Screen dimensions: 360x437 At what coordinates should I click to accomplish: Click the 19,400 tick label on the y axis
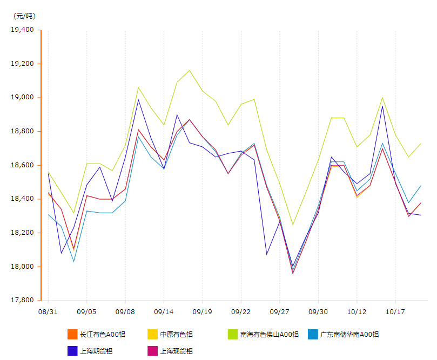(x=22, y=30)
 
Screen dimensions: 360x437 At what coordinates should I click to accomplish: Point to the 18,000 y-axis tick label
(x=22, y=267)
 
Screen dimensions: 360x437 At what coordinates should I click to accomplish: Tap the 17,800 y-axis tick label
(x=22, y=301)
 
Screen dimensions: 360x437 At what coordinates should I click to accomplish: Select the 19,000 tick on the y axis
(x=22, y=98)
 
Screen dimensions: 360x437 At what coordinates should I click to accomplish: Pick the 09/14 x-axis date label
(x=164, y=312)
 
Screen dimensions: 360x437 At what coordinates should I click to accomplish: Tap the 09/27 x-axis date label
(x=279, y=312)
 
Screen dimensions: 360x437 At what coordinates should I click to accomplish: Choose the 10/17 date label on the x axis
(x=395, y=312)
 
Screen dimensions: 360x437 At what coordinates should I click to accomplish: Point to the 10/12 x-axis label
(x=357, y=312)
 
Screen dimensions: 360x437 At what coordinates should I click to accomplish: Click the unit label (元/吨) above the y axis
(x=24, y=16)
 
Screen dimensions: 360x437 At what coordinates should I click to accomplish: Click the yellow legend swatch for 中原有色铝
(x=152, y=335)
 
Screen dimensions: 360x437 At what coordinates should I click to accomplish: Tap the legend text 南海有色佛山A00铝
(x=268, y=335)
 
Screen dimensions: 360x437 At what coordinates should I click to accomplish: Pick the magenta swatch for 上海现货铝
(x=152, y=351)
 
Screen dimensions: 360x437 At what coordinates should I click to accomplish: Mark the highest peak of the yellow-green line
(x=190, y=70)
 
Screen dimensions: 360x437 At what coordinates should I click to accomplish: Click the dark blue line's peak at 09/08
(x=138, y=99)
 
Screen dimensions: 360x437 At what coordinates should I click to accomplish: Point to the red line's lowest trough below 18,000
(x=293, y=273)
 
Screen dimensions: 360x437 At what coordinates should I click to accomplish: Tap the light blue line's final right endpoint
(x=421, y=186)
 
